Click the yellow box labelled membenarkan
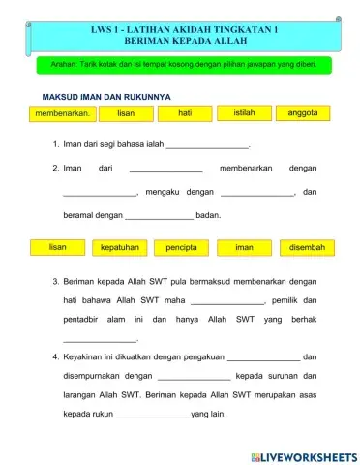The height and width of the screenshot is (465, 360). (x=63, y=114)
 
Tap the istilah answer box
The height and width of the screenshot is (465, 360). (x=244, y=114)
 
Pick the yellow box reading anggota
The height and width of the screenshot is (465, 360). (x=303, y=114)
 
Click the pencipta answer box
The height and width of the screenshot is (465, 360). (x=181, y=248)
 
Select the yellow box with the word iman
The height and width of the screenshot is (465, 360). (x=244, y=248)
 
